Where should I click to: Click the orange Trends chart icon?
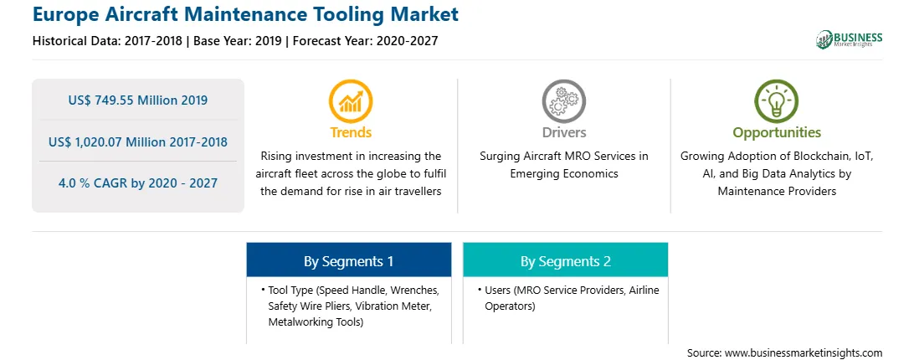coord(351,101)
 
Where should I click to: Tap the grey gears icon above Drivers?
coord(563,101)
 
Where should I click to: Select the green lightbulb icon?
coord(777,101)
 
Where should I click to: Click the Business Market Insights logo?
coord(849,39)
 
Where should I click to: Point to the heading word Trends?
coord(351,132)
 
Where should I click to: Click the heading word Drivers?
coord(563,132)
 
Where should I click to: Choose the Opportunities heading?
coord(777,133)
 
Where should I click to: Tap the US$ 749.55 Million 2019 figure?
coord(137,100)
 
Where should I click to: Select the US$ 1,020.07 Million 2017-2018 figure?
coord(137,141)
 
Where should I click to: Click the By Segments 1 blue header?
coord(348,261)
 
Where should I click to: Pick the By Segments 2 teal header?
coord(566,261)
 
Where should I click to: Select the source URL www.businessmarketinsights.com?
coord(804,353)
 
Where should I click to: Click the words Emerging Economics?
coord(563,174)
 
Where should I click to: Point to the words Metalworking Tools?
coord(316,322)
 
